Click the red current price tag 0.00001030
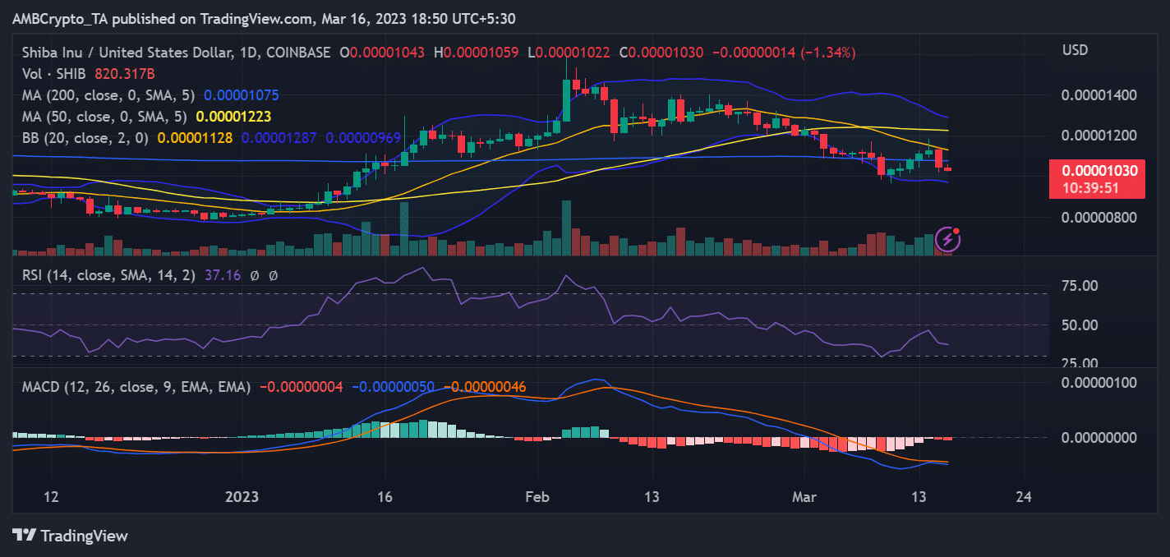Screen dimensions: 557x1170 point(1099,171)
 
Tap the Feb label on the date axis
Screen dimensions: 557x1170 point(537,498)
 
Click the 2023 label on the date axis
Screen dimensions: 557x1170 point(242,498)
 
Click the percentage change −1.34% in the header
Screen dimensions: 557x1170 point(831,53)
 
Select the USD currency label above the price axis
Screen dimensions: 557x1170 point(1075,51)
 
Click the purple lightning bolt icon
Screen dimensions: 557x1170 point(948,240)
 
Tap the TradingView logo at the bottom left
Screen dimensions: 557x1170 point(71,536)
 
